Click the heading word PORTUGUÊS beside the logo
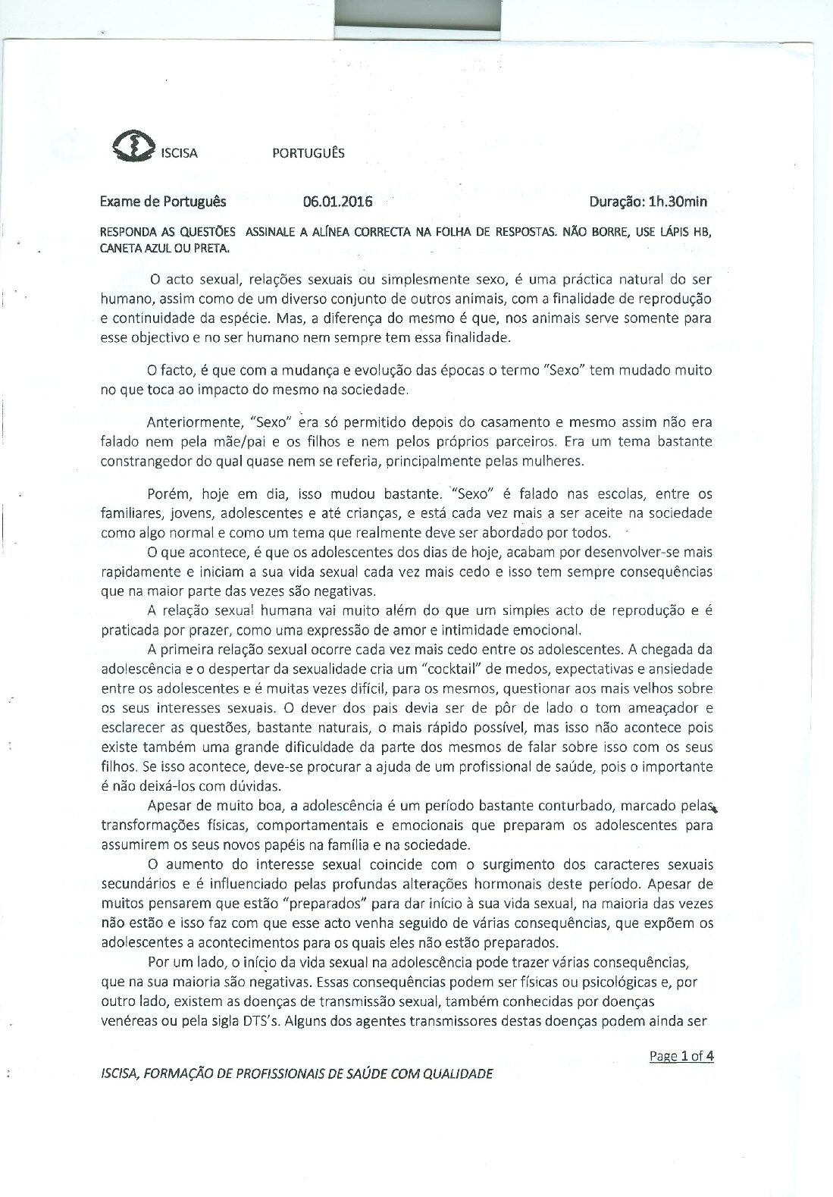coord(308,153)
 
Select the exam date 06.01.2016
coord(337,202)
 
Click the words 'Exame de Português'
coord(163,202)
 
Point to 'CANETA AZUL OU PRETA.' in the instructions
coord(164,248)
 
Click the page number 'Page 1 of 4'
coord(681,1056)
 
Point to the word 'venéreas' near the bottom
coord(128,1020)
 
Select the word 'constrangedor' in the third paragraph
coord(144,460)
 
